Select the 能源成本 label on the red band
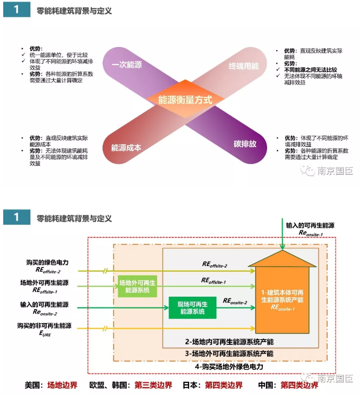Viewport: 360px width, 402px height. tap(126, 148)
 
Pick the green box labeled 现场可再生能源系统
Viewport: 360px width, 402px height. tap(191, 308)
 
